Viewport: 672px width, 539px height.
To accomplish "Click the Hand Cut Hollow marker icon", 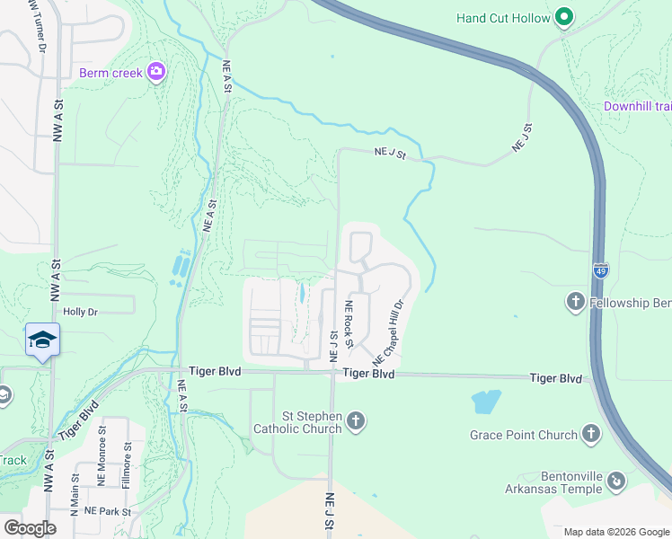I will pos(564,17).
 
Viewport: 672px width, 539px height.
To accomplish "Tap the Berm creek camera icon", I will pos(157,72).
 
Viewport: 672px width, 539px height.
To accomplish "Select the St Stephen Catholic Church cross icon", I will pos(357,421).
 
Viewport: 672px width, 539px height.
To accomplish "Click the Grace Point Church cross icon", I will pos(590,435).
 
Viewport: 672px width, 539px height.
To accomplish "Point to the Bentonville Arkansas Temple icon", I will pos(615,482).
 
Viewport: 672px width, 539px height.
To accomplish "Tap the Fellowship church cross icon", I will pos(576,303).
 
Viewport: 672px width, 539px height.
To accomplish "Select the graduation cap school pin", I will pos(42,340).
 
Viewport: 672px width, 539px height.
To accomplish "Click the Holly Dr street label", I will pos(79,312).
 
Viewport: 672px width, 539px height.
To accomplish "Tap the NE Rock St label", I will pos(349,322).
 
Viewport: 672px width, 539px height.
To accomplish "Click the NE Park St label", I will pos(108,511).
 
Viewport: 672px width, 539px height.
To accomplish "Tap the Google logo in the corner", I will pos(30,528).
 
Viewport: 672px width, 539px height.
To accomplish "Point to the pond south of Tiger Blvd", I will pos(485,401).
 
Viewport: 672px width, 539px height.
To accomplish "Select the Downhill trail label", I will pos(637,106).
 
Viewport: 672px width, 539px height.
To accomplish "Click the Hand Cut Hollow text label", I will pos(503,17).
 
